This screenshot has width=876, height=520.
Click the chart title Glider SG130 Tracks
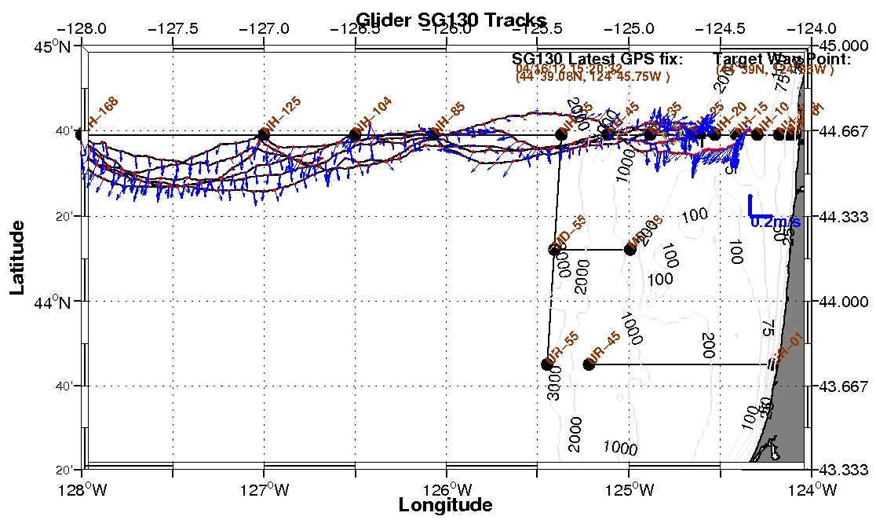click(451, 20)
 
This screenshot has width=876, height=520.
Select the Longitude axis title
click(445, 505)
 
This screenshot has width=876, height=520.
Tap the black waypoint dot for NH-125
click(264, 135)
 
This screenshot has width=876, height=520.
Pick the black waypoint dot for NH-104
click(355, 135)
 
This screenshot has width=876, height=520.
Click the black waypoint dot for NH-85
click(433, 135)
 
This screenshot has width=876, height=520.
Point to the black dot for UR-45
click(589, 364)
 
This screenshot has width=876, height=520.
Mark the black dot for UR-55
click(547, 364)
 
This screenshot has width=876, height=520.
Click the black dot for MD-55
click(554, 250)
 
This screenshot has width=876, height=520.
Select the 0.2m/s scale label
click(776, 222)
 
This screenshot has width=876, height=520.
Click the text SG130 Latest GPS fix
click(597, 60)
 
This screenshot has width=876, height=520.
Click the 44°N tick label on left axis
click(64, 302)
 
